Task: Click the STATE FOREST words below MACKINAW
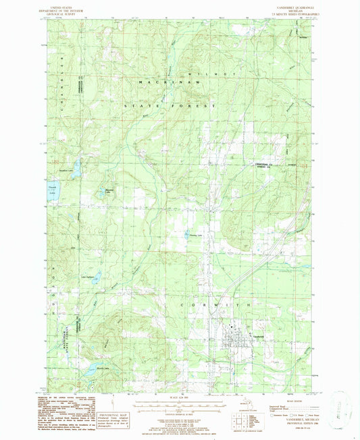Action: click(169, 107)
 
